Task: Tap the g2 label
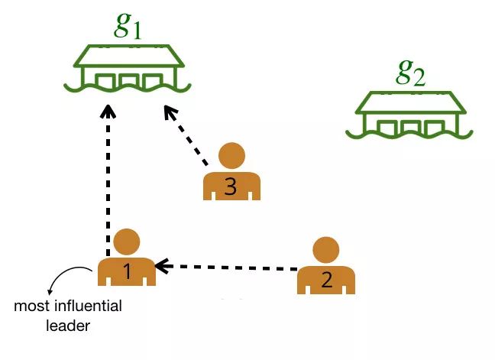[x=410, y=73]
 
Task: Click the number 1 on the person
[x=128, y=270]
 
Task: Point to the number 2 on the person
[x=326, y=279]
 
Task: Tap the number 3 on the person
[x=231, y=186]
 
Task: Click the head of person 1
[x=126, y=242]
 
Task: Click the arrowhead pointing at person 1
[x=162, y=265]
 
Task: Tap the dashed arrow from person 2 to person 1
[x=229, y=267]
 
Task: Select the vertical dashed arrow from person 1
[x=108, y=183]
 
